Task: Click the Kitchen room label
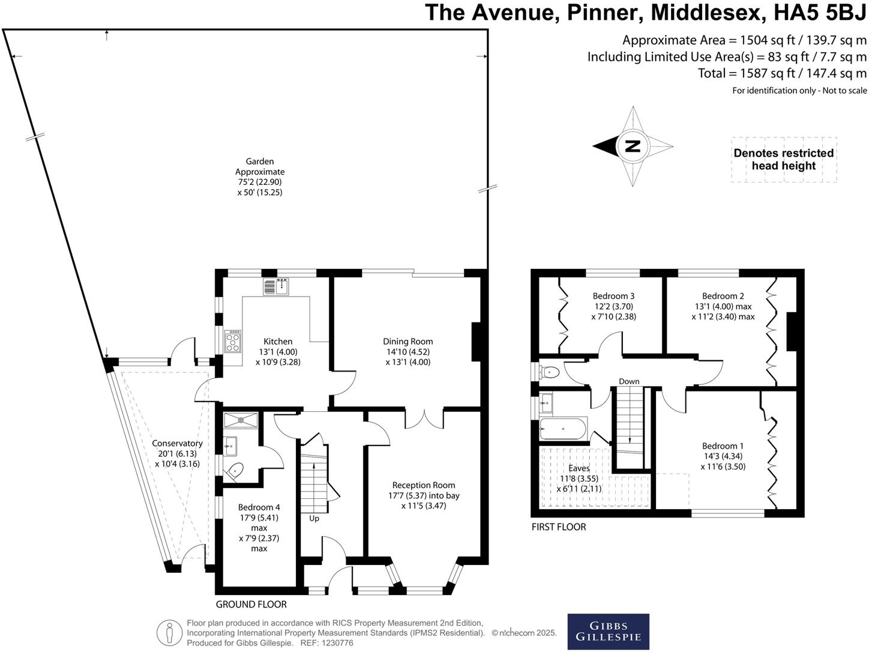point(278,341)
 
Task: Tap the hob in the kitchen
point(233,341)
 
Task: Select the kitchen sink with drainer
point(276,286)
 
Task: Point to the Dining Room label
point(407,341)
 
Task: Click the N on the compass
point(633,146)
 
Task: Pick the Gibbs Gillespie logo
point(608,632)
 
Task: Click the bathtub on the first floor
point(562,429)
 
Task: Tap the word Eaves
point(579,468)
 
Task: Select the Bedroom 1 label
point(723,446)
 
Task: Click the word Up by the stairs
point(314,519)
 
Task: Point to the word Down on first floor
point(629,381)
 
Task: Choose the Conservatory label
point(178,444)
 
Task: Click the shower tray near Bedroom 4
point(241,420)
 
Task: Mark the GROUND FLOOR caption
point(251,605)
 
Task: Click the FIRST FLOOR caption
point(559,527)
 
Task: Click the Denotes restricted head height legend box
point(784,160)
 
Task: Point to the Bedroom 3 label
point(614,296)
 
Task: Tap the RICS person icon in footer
point(169,633)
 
